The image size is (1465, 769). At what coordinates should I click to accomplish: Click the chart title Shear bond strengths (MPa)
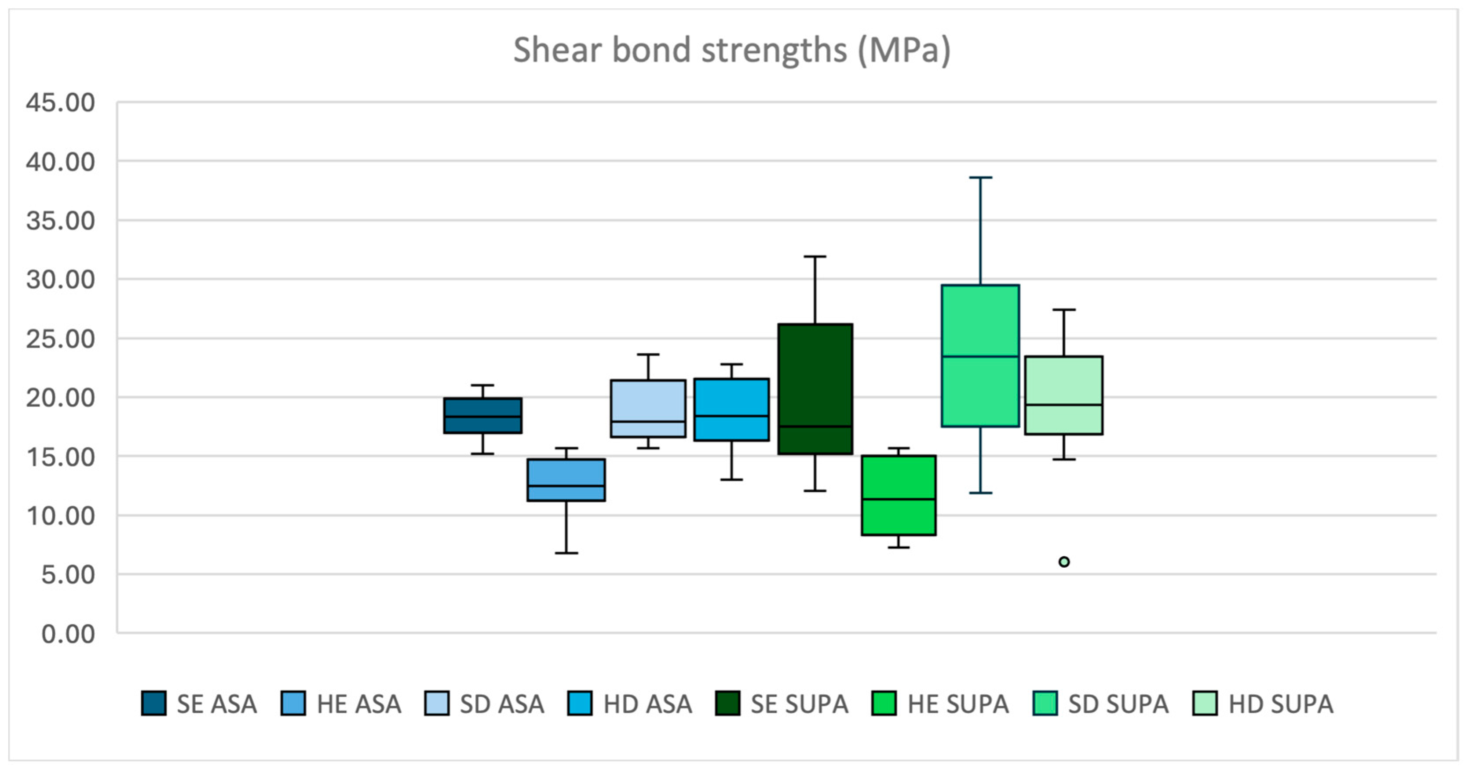(x=731, y=50)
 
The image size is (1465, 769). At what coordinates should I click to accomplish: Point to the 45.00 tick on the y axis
(x=60, y=103)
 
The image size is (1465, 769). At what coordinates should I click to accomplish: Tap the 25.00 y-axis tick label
(x=60, y=339)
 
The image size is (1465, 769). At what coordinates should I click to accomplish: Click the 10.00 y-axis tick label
(x=60, y=516)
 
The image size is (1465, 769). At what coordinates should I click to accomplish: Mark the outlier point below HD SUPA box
(x=1063, y=562)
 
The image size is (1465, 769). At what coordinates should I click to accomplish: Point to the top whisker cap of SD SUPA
(x=980, y=178)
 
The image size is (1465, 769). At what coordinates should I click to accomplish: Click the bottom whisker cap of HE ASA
(x=566, y=552)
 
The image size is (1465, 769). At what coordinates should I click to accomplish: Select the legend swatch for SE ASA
(x=153, y=703)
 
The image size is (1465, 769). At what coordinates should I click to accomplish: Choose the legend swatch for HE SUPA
(x=883, y=703)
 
